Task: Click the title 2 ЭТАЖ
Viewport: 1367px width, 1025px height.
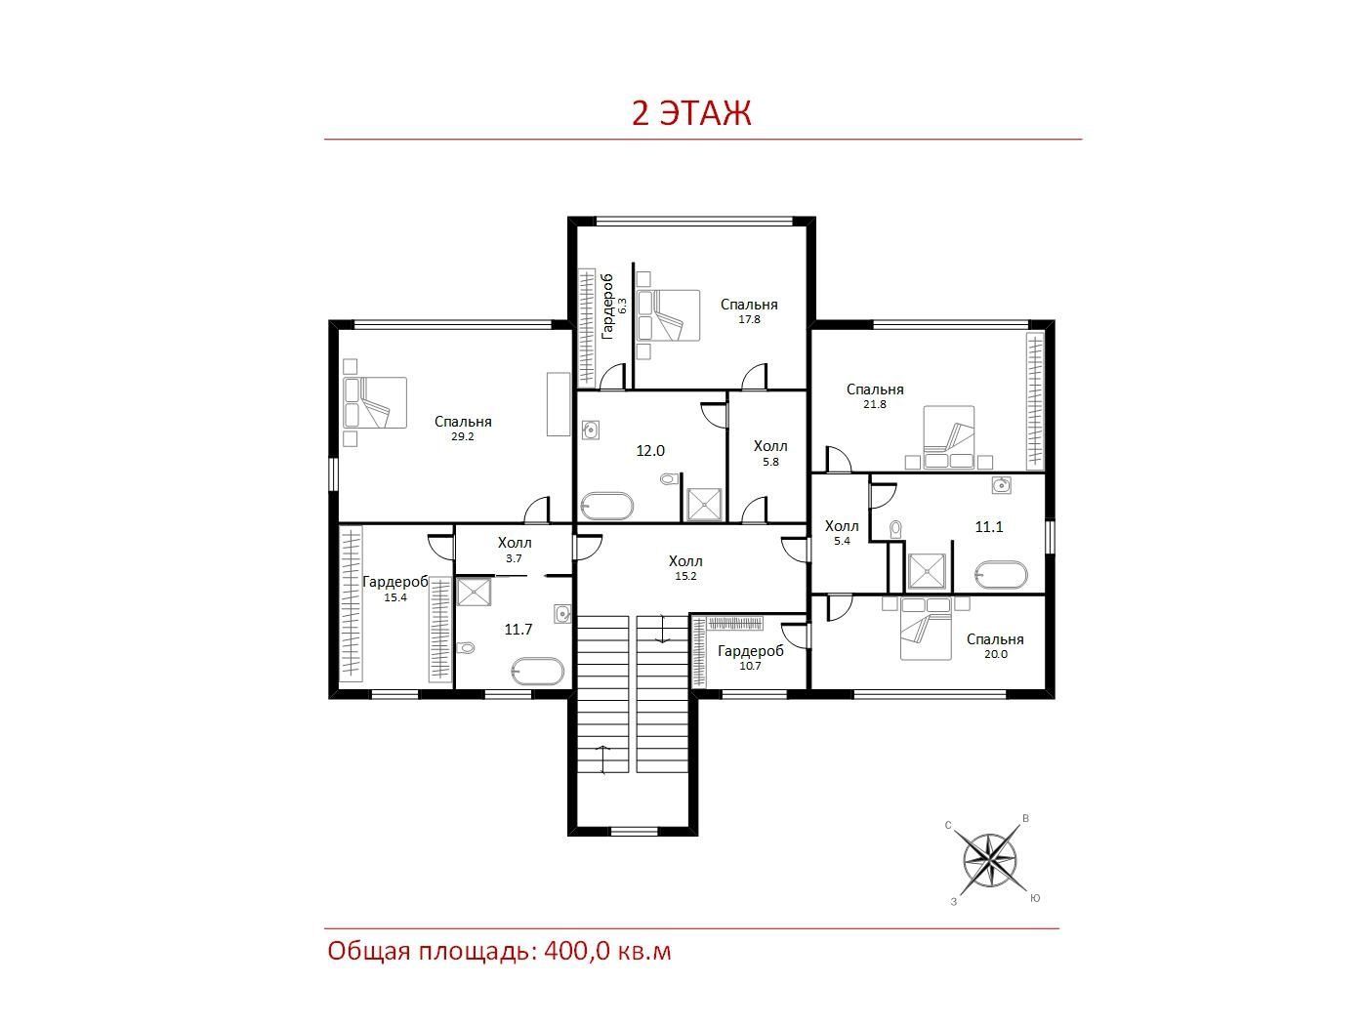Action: pyautogui.click(x=691, y=112)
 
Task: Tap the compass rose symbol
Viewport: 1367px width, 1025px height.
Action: pyautogui.click(x=990, y=861)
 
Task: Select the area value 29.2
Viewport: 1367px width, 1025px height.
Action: pyautogui.click(x=463, y=436)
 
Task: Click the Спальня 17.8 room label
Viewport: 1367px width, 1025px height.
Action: pyautogui.click(x=749, y=311)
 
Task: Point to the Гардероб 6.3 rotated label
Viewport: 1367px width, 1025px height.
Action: pyautogui.click(x=614, y=307)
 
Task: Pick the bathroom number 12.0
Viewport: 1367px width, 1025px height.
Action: pyautogui.click(x=650, y=451)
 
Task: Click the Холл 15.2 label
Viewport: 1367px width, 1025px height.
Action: pyautogui.click(x=685, y=567)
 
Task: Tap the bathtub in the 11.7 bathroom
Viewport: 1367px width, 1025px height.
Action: pyautogui.click(x=537, y=672)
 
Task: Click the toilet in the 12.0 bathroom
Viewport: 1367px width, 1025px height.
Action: pyautogui.click(x=669, y=479)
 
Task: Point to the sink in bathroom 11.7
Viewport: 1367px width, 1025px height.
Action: pyautogui.click(x=562, y=614)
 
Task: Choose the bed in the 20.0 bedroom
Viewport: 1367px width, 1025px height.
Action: pyautogui.click(x=926, y=629)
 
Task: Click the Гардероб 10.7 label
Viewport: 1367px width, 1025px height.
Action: pyautogui.click(x=751, y=658)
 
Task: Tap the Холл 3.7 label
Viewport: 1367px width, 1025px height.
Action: pyautogui.click(x=515, y=551)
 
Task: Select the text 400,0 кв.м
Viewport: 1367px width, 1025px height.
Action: pyautogui.click(x=607, y=952)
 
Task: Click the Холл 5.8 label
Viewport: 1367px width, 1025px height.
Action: pyautogui.click(x=770, y=453)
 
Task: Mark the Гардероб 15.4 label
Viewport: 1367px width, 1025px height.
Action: pyautogui.click(x=394, y=589)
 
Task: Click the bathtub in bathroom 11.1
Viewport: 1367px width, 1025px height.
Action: pyautogui.click(x=1001, y=575)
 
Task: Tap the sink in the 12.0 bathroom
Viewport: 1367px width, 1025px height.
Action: pyautogui.click(x=591, y=430)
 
